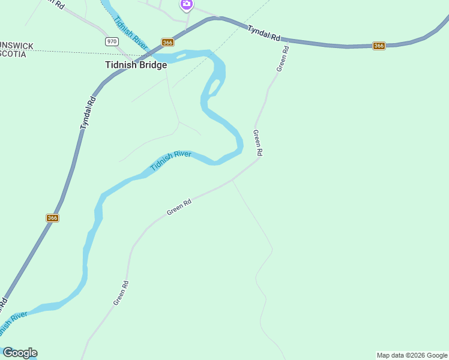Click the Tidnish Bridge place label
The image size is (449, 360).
136,65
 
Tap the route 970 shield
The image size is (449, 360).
111,41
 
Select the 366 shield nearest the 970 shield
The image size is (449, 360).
167,42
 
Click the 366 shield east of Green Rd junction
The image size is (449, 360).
379,46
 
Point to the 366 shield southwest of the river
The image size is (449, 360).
52,218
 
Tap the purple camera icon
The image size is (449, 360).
186,5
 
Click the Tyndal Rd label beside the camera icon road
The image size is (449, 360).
264,33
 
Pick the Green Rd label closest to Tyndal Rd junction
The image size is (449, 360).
283,58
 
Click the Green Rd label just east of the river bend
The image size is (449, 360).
258,143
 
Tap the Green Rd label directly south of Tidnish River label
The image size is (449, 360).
179,208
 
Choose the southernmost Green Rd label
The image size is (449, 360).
122,292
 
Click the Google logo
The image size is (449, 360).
20,353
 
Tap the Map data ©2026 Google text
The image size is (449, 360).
412,355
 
